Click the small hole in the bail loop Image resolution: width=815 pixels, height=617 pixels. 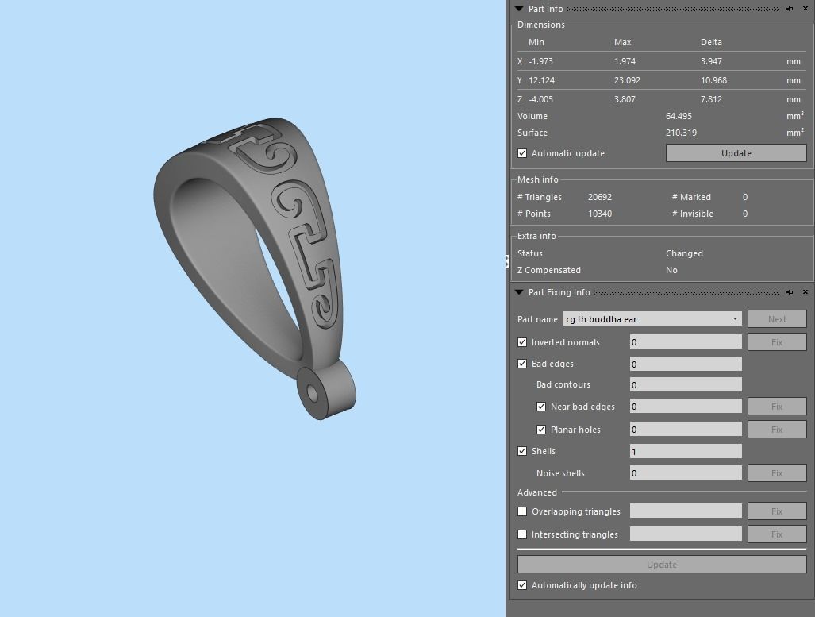click(312, 392)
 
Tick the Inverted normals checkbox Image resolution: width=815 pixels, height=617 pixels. click(522, 342)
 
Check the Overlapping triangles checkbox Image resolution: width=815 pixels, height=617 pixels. click(522, 511)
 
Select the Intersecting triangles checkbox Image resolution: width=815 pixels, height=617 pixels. click(522, 534)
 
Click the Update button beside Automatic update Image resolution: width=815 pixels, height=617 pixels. click(736, 153)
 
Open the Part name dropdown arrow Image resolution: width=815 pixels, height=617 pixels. click(736, 319)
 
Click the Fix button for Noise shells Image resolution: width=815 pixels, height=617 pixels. click(776, 473)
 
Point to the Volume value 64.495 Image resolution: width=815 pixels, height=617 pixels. click(680, 116)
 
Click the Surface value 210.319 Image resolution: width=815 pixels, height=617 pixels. click(681, 133)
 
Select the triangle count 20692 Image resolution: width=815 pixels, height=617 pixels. click(600, 197)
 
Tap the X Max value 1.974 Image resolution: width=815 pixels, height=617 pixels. click(625, 61)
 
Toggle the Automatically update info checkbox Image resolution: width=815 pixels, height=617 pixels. click(522, 585)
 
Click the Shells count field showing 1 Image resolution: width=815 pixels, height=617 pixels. click(685, 451)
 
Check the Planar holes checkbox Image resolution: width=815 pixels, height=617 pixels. click(541, 430)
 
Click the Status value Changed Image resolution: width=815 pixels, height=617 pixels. click(684, 253)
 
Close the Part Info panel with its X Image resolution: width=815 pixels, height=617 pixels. click(805, 9)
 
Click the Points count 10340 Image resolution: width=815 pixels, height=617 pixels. click(600, 214)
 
